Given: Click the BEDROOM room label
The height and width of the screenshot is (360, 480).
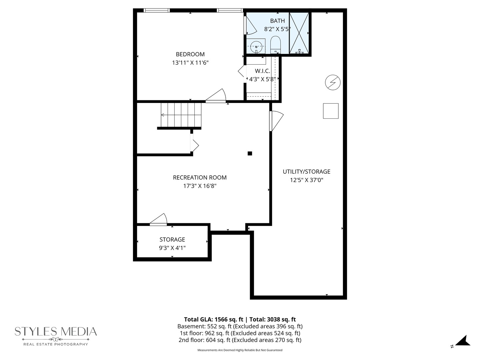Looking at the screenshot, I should click(x=190, y=54).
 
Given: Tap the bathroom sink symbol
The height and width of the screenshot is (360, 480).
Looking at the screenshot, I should click(x=256, y=46).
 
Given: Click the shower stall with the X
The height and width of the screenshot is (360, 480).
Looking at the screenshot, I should click(x=299, y=33).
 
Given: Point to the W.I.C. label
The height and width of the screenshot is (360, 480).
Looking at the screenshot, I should click(x=262, y=71).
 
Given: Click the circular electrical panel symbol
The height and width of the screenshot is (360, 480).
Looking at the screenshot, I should click(x=333, y=82).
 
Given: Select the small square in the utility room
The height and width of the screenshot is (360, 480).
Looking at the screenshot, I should click(x=331, y=111).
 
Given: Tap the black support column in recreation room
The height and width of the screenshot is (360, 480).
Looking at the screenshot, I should click(x=250, y=153).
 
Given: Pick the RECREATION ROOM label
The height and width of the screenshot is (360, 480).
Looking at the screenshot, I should click(x=200, y=178).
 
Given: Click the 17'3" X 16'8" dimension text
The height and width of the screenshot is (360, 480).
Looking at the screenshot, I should click(x=200, y=186).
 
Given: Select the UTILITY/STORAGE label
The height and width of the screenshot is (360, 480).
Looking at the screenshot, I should click(x=306, y=172).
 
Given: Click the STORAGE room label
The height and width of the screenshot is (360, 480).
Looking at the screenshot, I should click(x=172, y=240).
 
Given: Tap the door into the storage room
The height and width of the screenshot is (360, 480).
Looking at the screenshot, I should click(x=159, y=220).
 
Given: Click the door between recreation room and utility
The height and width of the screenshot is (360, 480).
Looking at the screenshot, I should click(x=275, y=121).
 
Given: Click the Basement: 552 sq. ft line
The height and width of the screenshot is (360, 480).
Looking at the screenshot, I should click(x=240, y=326).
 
